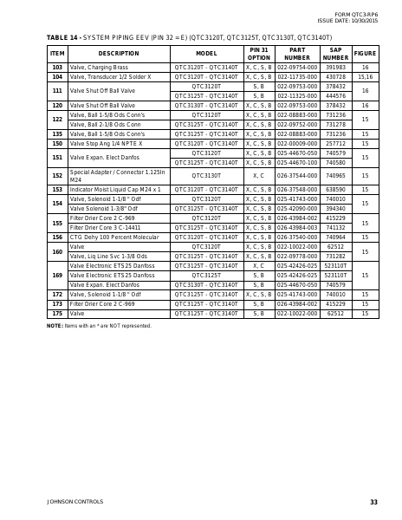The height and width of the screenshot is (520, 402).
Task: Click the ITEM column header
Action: (57, 54)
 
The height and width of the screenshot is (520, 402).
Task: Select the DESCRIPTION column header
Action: (119, 54)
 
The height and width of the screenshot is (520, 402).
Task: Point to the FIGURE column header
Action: (365, 54)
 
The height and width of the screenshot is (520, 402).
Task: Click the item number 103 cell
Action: (57, 67)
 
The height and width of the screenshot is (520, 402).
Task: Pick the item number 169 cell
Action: (57, 275)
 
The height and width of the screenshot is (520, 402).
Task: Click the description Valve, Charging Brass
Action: (98, 67)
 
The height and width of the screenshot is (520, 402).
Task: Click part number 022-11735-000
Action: (297, 76)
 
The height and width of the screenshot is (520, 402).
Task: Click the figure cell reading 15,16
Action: (365, 76)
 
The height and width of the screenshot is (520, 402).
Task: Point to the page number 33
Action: (373, 503)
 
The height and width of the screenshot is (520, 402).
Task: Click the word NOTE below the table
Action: (55, 325)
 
